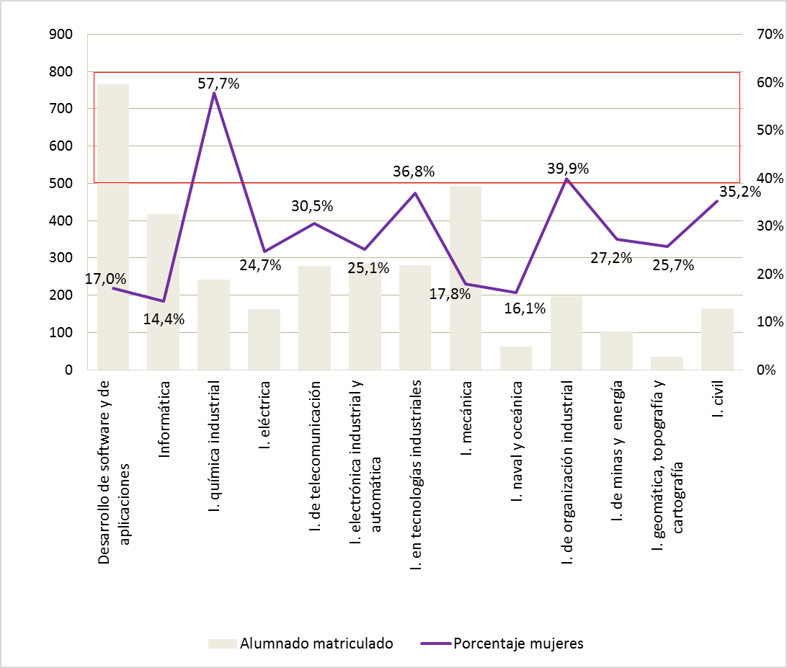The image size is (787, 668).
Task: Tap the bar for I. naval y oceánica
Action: click(x=516, y=358)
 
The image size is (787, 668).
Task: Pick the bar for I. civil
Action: click(x=717, y=339)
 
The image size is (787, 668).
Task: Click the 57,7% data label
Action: click(x=218, y=84)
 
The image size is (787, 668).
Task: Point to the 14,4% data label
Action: click(x=163, y=319)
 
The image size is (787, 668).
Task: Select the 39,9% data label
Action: click(x=567, y=169)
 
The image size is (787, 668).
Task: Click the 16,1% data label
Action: click(x=524, y=308)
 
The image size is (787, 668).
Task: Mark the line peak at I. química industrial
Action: click(x=214, y=94)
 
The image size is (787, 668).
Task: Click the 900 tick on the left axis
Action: click(x=60, y=34)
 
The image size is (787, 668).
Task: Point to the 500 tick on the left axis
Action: click(x=60, y=183)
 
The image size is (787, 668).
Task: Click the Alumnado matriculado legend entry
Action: click(x=301, y=643)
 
